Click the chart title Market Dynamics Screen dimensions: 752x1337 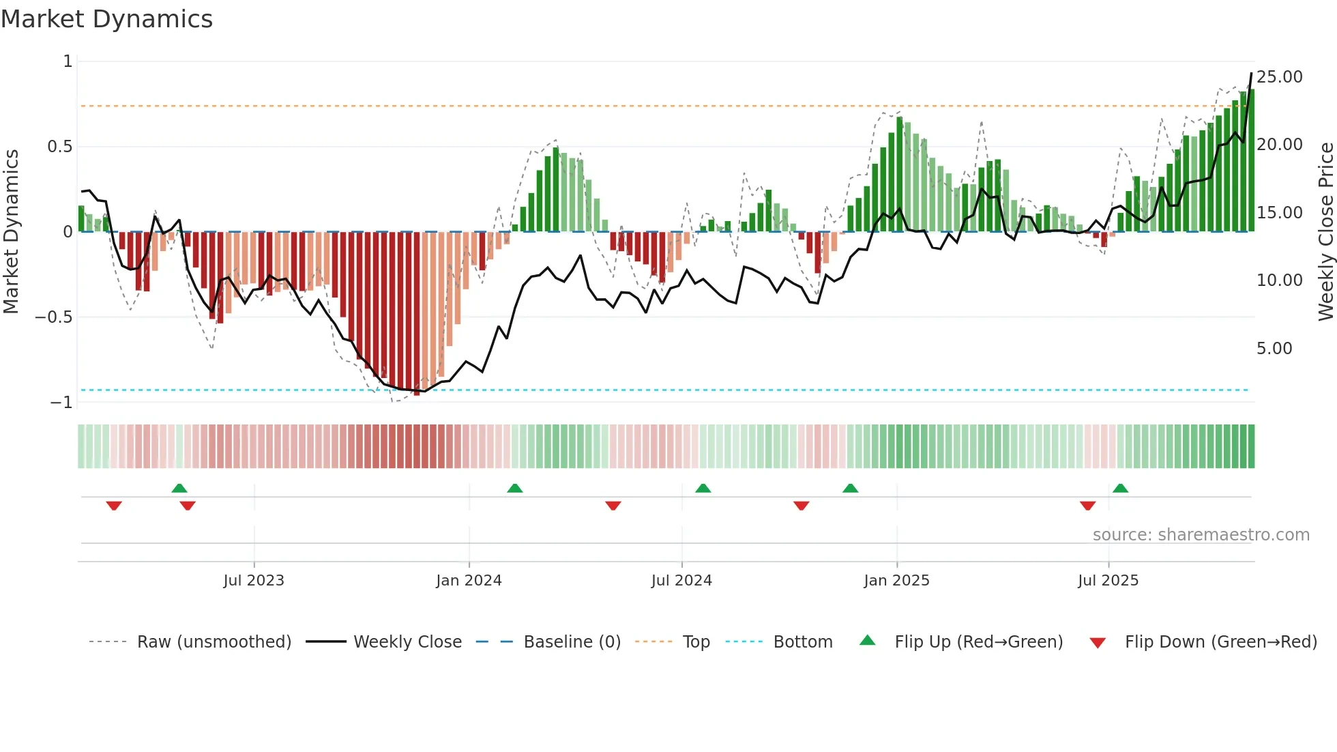click(106, 19)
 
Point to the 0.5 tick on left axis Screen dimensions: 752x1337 click(59, 147)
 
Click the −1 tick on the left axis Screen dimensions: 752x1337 click(61, 403)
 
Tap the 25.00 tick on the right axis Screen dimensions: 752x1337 click(1279, 77)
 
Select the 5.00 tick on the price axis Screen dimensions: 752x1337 click(1274, 349)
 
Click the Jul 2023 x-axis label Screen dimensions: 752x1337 click(253, 581)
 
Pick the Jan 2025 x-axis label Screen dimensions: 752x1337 click(896, 581)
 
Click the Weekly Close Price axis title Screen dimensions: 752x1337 click(1325, 231)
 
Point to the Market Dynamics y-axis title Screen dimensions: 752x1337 click(11, 231)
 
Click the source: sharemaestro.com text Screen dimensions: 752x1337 click(1201, 535)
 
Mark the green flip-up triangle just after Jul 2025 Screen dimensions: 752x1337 click(1120, 489)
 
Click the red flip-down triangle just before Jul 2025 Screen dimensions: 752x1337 click(1087, 506)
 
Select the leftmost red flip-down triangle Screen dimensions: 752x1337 click(114, 506)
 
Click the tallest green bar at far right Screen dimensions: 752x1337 click(1251, 160)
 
